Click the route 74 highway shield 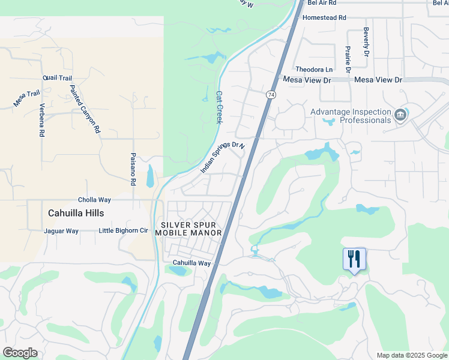click(272, 95)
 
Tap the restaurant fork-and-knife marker click(354, 259)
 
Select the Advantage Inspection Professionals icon click(400, 114)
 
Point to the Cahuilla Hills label click(76, 213)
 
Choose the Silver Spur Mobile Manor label click(188, 229)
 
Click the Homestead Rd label click(325, 18)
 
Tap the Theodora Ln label click(313, 70)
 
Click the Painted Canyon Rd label click(85, 109)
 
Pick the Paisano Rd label click(133, 169)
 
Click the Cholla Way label click(95, 200)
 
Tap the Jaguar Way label click(61, 231)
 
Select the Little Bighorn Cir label click(123, 230)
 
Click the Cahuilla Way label click(192, 263)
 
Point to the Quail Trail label click(58, 79)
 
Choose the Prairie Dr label click(348, 60)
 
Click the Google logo click(20, 353)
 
